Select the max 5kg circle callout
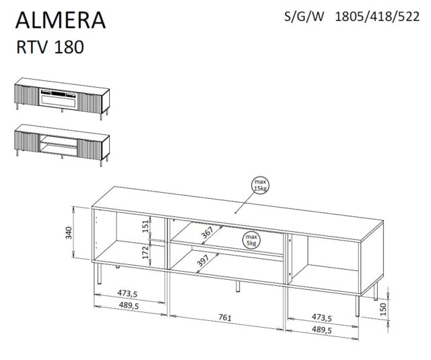pyautogui.click(x=251, y=240)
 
